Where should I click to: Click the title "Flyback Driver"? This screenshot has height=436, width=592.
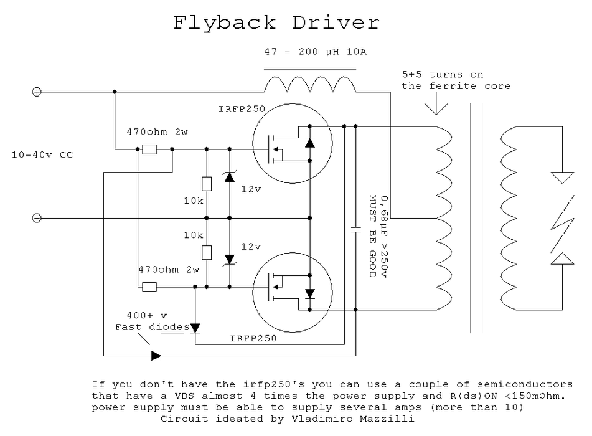276,23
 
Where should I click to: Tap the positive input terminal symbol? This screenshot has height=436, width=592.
37,92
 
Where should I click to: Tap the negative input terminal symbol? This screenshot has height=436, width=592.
37,218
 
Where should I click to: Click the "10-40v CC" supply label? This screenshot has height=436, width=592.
42,154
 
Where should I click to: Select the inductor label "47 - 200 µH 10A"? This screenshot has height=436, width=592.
315,51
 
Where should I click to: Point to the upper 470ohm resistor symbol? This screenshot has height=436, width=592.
149,149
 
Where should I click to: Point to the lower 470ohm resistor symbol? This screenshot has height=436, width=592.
149,287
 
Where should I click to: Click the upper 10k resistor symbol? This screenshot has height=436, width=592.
207,184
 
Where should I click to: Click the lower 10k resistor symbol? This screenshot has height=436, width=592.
207,252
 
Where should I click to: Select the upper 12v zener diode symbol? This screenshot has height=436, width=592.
230,176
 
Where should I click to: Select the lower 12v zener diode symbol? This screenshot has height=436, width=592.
230,260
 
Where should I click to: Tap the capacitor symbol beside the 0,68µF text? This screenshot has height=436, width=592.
355,230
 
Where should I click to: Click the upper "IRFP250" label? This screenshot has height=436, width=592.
242,109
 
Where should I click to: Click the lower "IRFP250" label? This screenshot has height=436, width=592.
253,339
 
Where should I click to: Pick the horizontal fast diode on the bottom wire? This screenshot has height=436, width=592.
156,356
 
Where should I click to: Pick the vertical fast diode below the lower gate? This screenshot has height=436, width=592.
195,328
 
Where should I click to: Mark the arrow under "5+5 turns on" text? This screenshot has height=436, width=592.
436,103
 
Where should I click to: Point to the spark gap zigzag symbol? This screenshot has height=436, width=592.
563,224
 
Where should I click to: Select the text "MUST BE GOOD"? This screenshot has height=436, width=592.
372,236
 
